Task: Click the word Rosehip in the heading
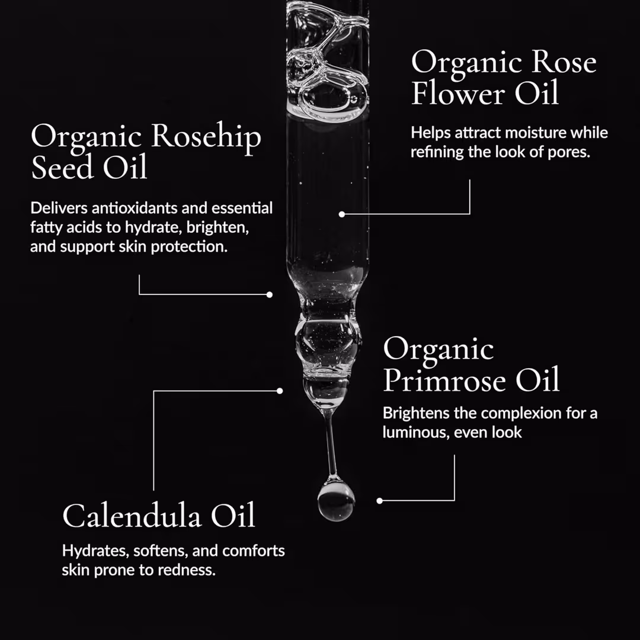206,137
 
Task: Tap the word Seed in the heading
62,167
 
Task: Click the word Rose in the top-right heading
564,62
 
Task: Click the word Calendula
132,516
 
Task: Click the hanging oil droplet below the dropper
336,500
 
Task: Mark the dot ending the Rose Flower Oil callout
342,215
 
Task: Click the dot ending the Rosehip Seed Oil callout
270,295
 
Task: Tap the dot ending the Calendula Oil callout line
280,391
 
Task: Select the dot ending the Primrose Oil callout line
380,501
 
